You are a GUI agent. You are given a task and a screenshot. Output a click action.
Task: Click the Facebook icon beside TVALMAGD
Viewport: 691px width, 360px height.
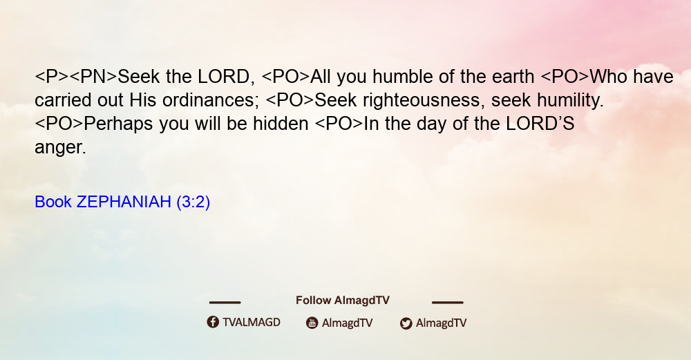213,322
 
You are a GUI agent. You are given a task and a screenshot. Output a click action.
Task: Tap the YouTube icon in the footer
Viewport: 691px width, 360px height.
312,323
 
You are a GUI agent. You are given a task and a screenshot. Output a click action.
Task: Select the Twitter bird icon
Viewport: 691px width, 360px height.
406,323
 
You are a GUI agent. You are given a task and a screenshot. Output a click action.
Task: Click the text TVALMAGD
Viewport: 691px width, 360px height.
252,322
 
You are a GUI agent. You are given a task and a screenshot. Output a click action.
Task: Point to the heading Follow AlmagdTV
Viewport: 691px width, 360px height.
343,300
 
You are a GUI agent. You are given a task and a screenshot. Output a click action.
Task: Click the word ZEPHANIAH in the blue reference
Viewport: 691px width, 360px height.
124,202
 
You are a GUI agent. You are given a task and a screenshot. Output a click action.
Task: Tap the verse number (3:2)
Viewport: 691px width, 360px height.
193,202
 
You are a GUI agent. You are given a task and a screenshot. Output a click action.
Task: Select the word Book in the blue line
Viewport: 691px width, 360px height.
53,202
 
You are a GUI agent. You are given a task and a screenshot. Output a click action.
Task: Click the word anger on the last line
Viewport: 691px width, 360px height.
60,148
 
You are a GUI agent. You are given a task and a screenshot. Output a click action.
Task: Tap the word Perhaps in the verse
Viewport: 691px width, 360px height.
119,124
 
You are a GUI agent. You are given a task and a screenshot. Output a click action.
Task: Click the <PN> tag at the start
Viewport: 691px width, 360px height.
93,77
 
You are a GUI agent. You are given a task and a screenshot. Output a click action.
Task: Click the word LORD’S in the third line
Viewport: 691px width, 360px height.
540,124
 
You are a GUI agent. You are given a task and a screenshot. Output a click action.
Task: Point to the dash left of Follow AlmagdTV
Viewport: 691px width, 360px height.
225,302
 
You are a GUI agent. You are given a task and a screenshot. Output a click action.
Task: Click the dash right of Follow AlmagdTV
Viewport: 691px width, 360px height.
448,302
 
